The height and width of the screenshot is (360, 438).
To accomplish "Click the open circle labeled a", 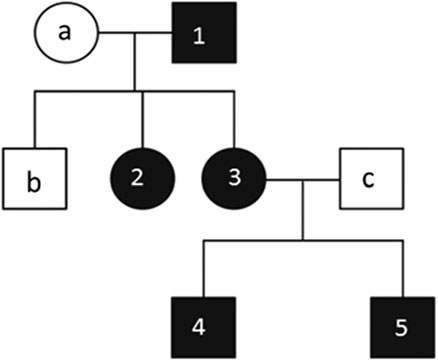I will pyautogui.click(x=66, y=37).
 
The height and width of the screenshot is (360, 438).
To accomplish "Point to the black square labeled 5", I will pyautogui.click(x=400, y=325).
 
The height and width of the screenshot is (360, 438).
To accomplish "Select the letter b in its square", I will pyautogui.click(x=35, y=183).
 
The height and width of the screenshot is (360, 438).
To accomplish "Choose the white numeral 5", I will pyautogui.click(x=400, y=326).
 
